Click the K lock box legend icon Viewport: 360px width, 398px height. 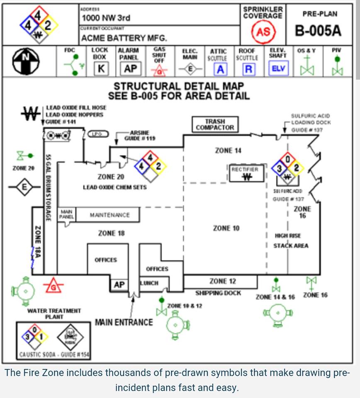point(100,69)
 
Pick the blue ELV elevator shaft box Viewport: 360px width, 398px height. point(277,69)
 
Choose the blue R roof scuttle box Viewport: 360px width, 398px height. point(248,69)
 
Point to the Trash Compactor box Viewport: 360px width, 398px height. point(215,124)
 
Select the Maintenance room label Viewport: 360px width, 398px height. point(109,215)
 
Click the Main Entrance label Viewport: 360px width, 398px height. point(124,322)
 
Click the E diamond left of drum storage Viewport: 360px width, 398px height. point(24,187)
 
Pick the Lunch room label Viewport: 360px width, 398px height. point(149,284)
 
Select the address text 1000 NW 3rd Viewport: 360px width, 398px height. point(106,18)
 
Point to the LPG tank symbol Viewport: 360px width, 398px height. point(98,134)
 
